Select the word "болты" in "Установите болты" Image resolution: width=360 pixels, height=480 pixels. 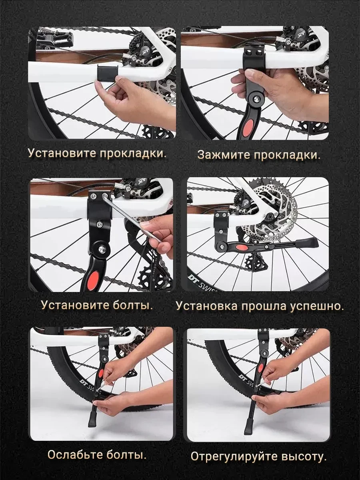point(133,305)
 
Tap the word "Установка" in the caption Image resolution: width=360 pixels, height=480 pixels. point(206,306)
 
